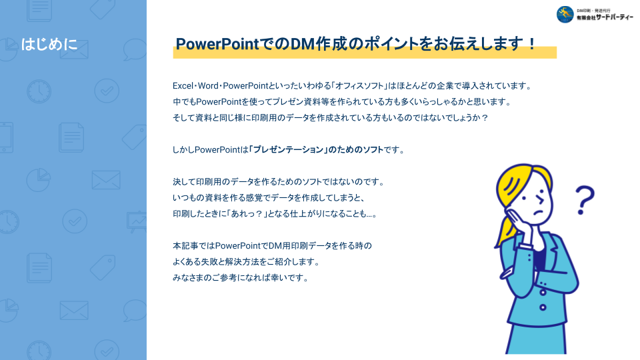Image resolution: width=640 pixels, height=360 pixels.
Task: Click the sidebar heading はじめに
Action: pyautogui.click(x=49, y=44)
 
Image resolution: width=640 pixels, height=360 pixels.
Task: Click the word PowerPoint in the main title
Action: pyautogui.click(x=217, y=44)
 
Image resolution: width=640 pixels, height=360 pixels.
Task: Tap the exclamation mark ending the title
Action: pyautogui.click(x=531, y=43)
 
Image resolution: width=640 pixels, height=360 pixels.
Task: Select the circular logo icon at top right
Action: pyautogui.click(x=565, y=14)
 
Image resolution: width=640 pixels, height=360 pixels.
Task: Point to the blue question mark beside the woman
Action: pyautogui.click(x=585, y=200)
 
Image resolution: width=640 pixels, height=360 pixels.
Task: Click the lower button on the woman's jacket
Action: pyautogui.click(x=543, y=307)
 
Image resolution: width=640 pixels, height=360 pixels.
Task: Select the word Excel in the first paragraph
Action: pyautogui.click(x=183, y=86)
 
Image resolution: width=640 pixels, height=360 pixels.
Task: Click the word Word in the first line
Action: pyautogui.click(x=208, y=86)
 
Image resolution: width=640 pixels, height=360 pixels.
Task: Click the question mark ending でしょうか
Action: pyautogui.click(x=485, y=118)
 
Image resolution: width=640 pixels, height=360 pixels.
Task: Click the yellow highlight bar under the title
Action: pyautogui.click(x=365, y=53)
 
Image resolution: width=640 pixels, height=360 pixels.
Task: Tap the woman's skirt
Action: pyautogui.click(x=536, y=339)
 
